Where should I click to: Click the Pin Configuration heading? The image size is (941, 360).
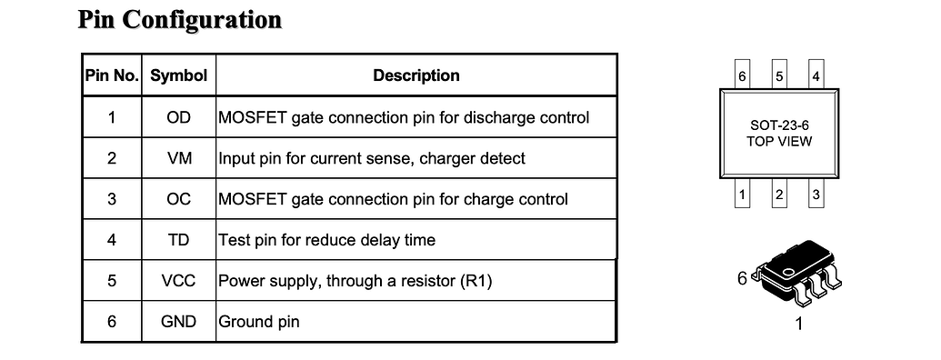pos(180,20)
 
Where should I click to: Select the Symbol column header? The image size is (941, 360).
pos(179,75)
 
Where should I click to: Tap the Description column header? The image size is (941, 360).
pos(416,75)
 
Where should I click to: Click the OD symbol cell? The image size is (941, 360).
pos(179,117)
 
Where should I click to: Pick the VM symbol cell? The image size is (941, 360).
pos(179,158)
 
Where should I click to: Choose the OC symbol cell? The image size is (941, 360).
pos(179,199)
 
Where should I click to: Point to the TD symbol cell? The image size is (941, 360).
pos(179,240)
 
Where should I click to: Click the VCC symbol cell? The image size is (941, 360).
pos(179,281)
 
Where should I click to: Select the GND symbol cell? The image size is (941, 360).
pos(179,322)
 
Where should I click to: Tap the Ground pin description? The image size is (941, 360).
pos(259,322)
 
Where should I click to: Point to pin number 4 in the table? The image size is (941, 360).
pos(112,240)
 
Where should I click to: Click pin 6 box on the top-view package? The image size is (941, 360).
pos(743,76)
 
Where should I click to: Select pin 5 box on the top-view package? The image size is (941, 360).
pos(779,76)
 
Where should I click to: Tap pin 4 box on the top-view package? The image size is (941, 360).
pos(816,76)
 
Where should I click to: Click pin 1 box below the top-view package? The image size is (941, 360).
pos(743,195)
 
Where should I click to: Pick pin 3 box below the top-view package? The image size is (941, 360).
pos(816,195)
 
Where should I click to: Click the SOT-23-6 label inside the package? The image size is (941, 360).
pos(779,126)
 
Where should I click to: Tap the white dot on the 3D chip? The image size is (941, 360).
pos(788,270)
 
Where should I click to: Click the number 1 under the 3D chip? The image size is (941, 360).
pos(799,325)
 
